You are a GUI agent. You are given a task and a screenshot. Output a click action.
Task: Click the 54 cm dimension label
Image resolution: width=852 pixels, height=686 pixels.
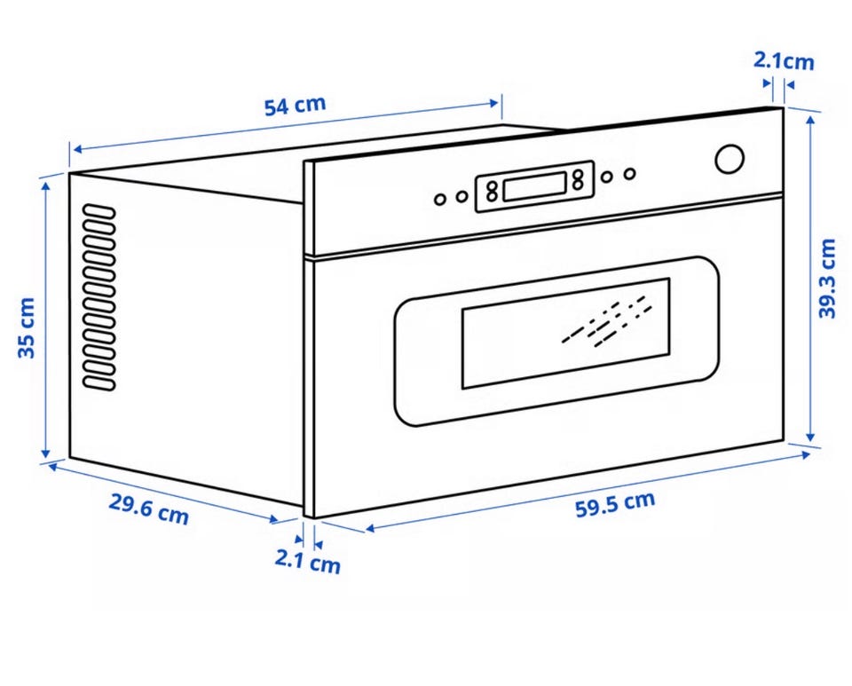tap(295, 106)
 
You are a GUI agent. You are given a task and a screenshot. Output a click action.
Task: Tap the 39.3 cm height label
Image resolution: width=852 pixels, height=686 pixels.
tap(827, 278)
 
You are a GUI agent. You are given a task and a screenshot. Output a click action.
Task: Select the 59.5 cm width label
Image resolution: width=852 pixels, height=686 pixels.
tap(615, 504)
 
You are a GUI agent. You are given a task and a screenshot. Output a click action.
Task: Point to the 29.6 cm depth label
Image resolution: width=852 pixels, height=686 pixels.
tap(148, 509)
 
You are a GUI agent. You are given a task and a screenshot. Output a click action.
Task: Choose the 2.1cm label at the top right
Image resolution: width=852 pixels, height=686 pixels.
tap(784, 61)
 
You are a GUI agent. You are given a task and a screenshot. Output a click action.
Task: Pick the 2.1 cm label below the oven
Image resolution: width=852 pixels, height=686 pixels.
tap(308, 561)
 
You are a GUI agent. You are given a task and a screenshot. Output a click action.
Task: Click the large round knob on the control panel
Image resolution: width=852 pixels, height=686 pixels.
tap(730, 159)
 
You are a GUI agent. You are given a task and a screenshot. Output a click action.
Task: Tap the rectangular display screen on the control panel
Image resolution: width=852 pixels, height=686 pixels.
tap(535, 186)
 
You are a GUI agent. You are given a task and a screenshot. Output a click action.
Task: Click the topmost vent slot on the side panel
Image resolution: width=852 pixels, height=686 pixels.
tap(99, 210)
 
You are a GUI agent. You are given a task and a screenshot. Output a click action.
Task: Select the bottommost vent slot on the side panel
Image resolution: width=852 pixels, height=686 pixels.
tap(99, 383)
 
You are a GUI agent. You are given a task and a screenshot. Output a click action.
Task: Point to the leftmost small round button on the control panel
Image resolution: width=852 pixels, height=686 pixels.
tap(440, 200)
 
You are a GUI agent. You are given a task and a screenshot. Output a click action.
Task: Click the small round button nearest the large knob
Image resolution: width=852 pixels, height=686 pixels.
tap(629, 174)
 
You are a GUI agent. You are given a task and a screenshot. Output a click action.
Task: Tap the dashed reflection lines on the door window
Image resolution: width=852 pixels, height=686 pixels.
tap(606, 322)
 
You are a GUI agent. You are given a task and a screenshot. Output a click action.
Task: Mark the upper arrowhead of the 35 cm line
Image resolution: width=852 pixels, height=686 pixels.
tap(45, 187)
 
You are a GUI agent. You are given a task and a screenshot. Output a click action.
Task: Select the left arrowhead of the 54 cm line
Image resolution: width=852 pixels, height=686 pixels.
tap(77, 149)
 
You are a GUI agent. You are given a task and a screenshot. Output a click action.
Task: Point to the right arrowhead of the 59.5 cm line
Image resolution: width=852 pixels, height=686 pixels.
tap(804, 454)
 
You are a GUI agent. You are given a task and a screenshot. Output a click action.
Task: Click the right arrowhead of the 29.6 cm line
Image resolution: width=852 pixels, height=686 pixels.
tap(274, 519)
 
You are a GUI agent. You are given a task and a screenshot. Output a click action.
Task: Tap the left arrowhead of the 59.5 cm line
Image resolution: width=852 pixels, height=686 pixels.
tap(371, 528)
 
